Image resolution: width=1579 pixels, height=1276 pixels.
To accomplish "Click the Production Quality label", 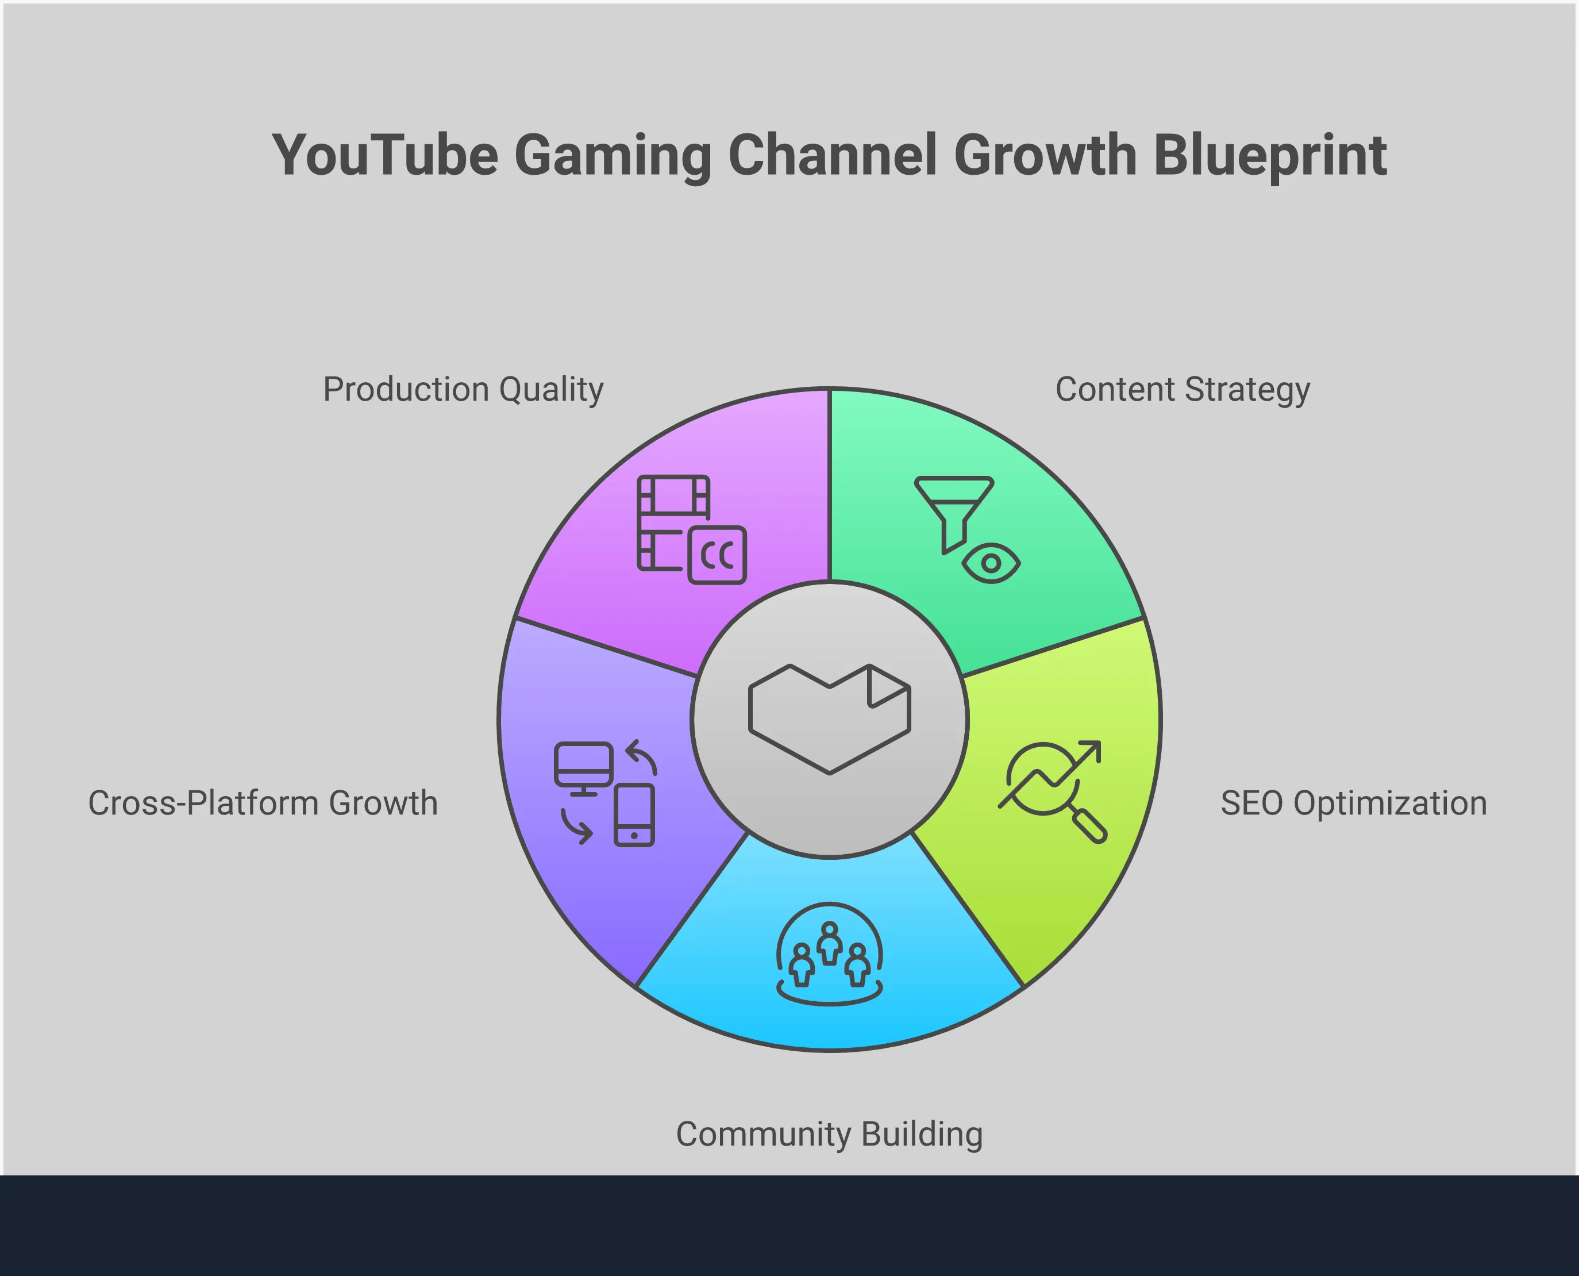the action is click(463, 390).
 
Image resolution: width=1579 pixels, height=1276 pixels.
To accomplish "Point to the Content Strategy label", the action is click(1182, 390).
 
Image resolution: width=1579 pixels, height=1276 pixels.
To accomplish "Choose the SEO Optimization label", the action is click(1353, 802).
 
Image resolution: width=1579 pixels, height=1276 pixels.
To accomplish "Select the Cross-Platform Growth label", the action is click(263, 802).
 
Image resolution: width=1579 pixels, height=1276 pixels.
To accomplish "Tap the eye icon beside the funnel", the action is click(991, 563).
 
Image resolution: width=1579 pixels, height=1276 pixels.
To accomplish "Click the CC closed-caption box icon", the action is click(717, 555).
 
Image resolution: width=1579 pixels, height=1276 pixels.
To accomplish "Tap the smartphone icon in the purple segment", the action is click(634, 815).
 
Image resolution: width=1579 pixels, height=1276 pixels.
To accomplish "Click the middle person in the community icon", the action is click(830, 943).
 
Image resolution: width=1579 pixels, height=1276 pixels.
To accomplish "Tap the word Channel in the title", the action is click(833, 156).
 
